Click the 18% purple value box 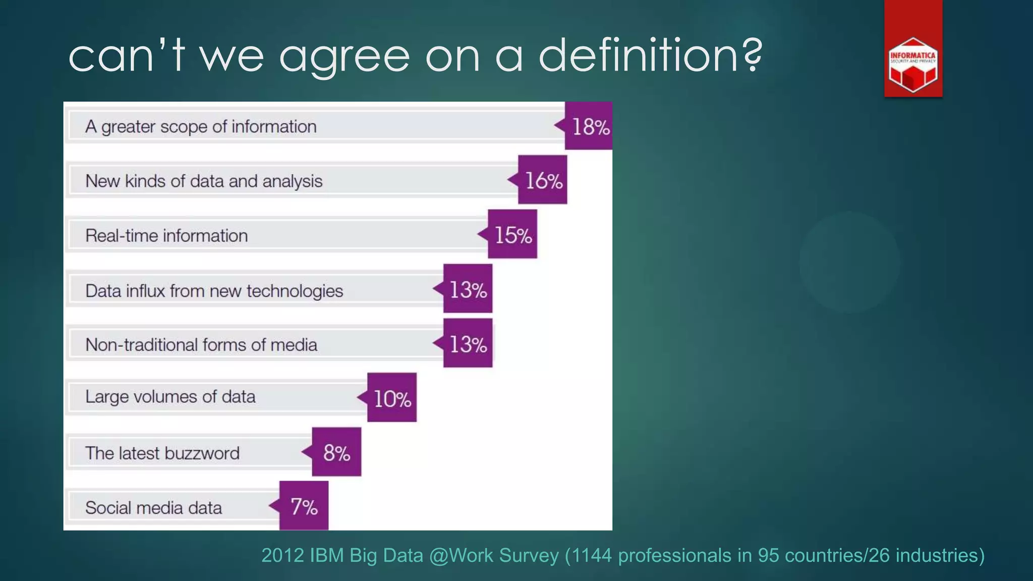(589, 126)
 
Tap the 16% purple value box (543, 180)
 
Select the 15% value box (512, 235)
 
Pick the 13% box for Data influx (468, 289)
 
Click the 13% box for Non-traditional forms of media (468, 343)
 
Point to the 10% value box (392, 398)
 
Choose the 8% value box (336, 452)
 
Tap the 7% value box (304, 506)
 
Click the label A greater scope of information (201, 127)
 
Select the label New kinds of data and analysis (204, 181)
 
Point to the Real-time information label (166, 236)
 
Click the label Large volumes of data (170, 397)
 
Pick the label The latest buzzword (162, 453)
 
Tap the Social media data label (153, 507)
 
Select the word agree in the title (345, 56)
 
